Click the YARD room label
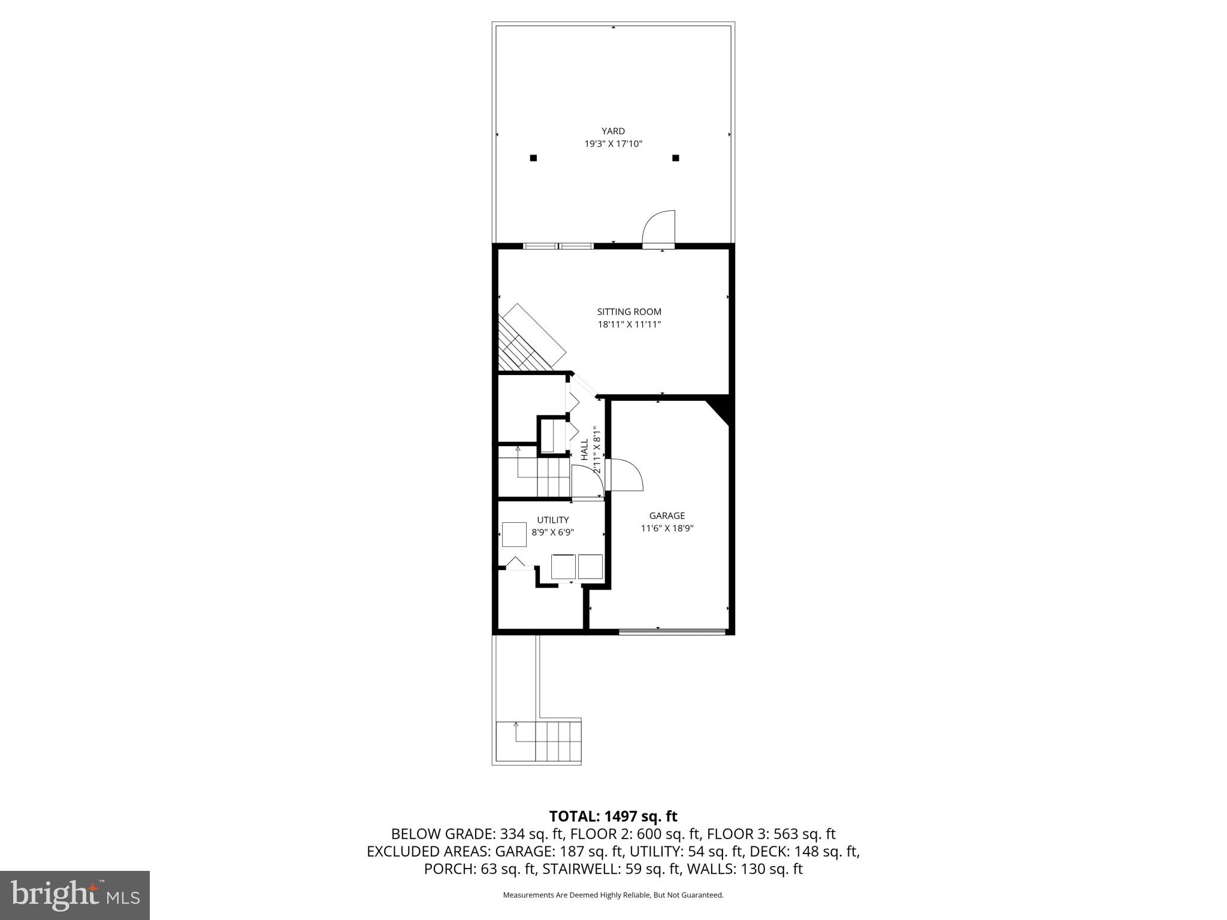coord(613,131)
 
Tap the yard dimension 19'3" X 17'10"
coord(613,144)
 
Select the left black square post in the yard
coord(533,158)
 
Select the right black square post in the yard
coord(675,158)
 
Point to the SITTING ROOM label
coord(629,311)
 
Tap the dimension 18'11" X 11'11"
coord(629,325)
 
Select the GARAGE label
coord(667,516)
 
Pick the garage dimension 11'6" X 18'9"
coord(667,528)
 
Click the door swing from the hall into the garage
coord(624,475)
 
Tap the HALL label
coord(585,449)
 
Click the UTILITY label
coord(552,520)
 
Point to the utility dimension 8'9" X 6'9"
coord(552,532)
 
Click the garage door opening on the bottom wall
coord(672,631)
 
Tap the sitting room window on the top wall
coord(558,246)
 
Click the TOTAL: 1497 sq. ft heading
coord(613,816)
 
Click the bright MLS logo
coord(75,895)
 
